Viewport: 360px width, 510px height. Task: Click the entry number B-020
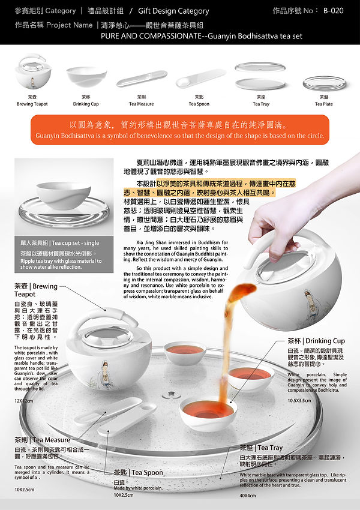click(333, 11)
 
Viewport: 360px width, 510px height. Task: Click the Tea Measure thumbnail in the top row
click(142, 78)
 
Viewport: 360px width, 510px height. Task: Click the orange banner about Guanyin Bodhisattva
click(181, 130)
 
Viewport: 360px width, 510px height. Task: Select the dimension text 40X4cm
click(247, 496)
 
